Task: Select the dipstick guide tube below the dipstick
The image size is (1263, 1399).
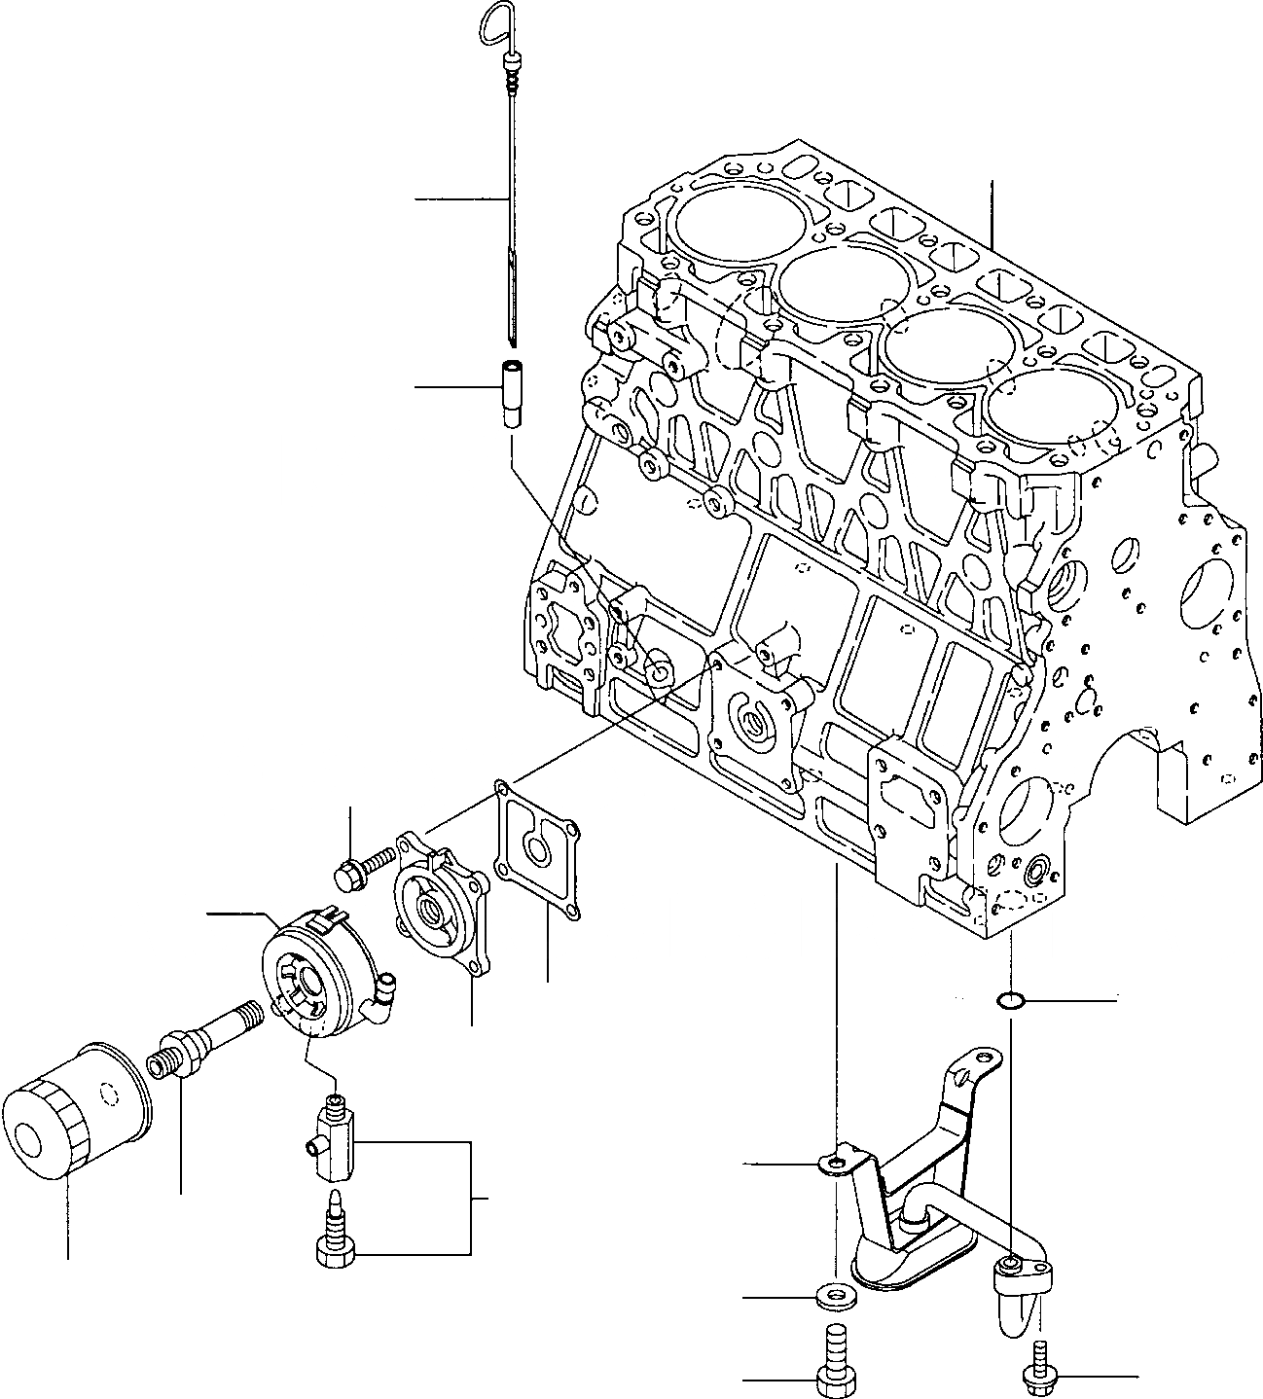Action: pos(511,393)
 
